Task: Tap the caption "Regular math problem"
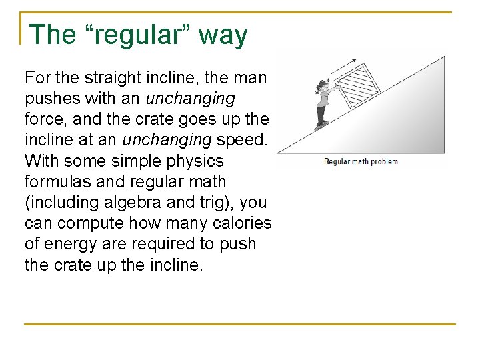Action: [x=361, y=161]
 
